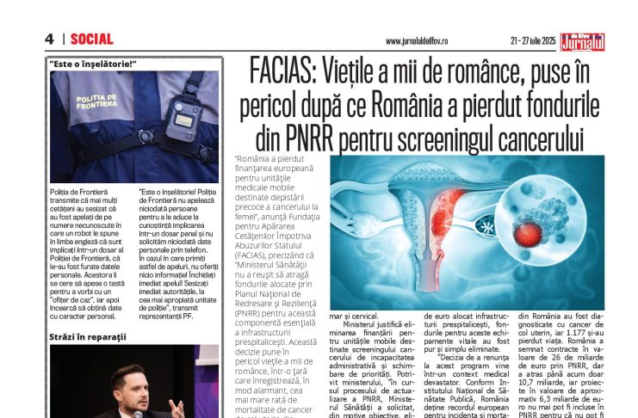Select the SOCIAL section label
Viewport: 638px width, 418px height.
91,39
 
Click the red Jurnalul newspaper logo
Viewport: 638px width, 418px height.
583,39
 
